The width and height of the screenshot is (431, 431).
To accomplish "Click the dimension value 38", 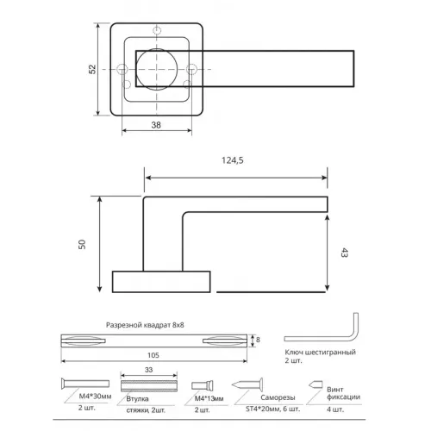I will coord(155,123).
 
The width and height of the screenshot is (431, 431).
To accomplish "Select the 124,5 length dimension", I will coord(234,159).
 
